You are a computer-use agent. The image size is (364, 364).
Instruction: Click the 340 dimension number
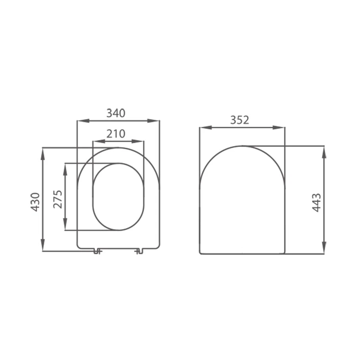point(116,113)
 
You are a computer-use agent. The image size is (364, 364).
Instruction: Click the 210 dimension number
point(116,134)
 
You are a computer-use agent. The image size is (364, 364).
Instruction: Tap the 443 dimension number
point(316,202)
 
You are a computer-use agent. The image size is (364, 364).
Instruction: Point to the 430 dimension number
point(35,202)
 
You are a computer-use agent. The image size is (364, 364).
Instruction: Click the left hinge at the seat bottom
point(97,251)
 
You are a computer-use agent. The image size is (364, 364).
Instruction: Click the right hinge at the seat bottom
point(138,251)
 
